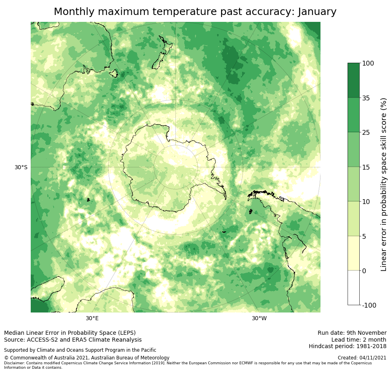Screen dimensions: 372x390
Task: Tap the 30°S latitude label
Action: (x=21, y=167)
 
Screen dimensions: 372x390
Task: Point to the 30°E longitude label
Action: (x=92, y=318)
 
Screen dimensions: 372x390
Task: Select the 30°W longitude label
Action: (x=259, y=318)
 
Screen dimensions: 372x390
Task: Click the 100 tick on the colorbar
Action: (x=368, y=63)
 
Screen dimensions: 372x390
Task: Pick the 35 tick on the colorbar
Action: (x=366, y=98)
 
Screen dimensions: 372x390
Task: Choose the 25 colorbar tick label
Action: (x=366, y=132)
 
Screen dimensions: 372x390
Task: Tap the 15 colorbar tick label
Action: (x=366, y=167)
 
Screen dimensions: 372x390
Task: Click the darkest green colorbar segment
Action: (x=353, y=80)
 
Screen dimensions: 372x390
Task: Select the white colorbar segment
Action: (x=353, y=288)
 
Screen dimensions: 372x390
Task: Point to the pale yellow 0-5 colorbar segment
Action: (x=353, y=253)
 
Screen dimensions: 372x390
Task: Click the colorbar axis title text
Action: (x=384, y=184)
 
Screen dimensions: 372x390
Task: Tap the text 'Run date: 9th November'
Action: (x=352, y=333)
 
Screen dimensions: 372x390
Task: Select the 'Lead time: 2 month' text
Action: (x=358, y=340)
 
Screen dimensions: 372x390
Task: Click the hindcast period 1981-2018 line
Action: (x=347, y=346)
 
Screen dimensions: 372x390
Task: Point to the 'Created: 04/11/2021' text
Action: (x=362, y=358)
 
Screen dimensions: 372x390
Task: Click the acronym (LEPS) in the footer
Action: (x=126, y=333)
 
